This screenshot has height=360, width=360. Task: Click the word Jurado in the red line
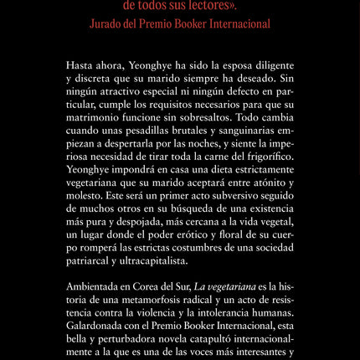pyautogui.click(x=108, y=24)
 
